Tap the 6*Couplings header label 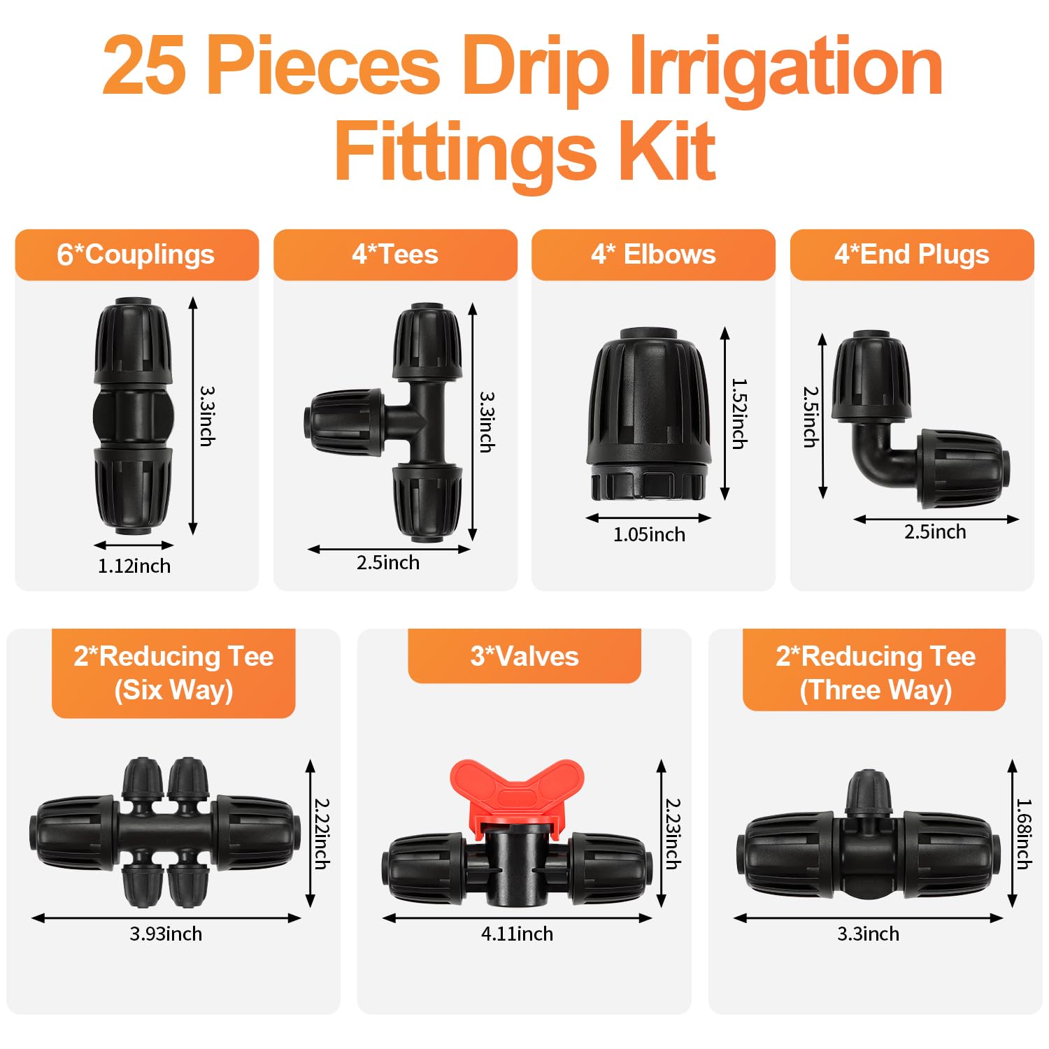tap(136, 255)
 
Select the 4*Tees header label tap(395, 255)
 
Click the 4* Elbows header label tap(653, 255)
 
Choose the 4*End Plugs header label tap(912, 255)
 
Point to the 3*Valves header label tap(524, 656)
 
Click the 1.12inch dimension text tap(134, 566)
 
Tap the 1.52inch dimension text tap(739, 413)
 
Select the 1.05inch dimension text tap(649, 534)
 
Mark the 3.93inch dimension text tap(166, 934)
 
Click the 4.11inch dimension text tap(517, 934)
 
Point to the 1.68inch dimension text tap(1024, 834)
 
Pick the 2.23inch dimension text tap(673, 834)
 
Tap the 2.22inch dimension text tap(322, 834)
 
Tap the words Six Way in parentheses tap(173, 690)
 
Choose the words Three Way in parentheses tap(876, 690)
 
